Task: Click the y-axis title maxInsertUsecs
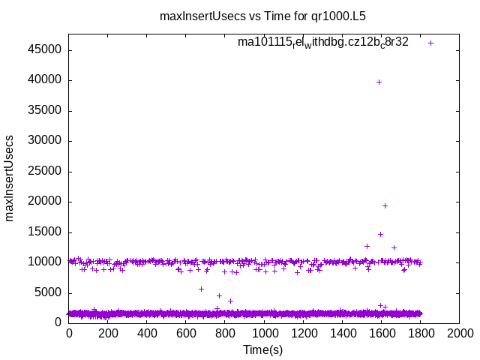[x=10, y=178]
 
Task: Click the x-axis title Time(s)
[x=263, y=349]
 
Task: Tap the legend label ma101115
[x=323, y=42]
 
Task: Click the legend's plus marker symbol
[x=430, y=43]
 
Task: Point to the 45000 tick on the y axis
[x=46, y=50]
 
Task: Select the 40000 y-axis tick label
[x=46, y=80]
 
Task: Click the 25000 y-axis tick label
[x=46, y=171]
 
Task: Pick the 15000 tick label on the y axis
[x=46, y=232]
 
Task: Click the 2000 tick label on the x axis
[x=460, y=334]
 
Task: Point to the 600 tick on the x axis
[x=186, y=334]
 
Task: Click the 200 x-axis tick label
[x=108, y=334]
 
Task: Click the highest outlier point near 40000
[x=379, y=82]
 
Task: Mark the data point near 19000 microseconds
[x=385, y=205]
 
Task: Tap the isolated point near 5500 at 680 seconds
[x=201, y=289]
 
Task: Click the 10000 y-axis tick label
[x=46, y=262]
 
